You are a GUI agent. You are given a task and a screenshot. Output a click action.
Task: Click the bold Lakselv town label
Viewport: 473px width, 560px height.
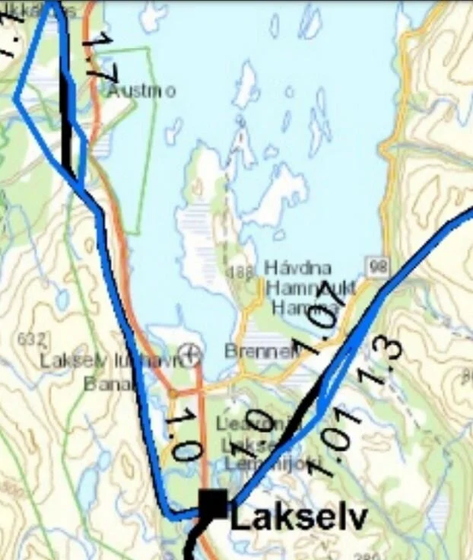tap(299, 519)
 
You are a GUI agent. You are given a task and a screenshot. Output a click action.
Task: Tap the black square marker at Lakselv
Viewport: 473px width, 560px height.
tap(213, 504)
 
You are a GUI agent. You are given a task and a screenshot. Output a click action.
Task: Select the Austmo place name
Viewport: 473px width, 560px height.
tap(141, 91)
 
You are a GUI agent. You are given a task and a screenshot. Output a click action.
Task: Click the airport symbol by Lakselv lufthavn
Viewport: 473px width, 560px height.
tap(192, 352)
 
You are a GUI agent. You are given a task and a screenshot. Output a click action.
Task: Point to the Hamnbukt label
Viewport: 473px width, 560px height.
tap(310, 288)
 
